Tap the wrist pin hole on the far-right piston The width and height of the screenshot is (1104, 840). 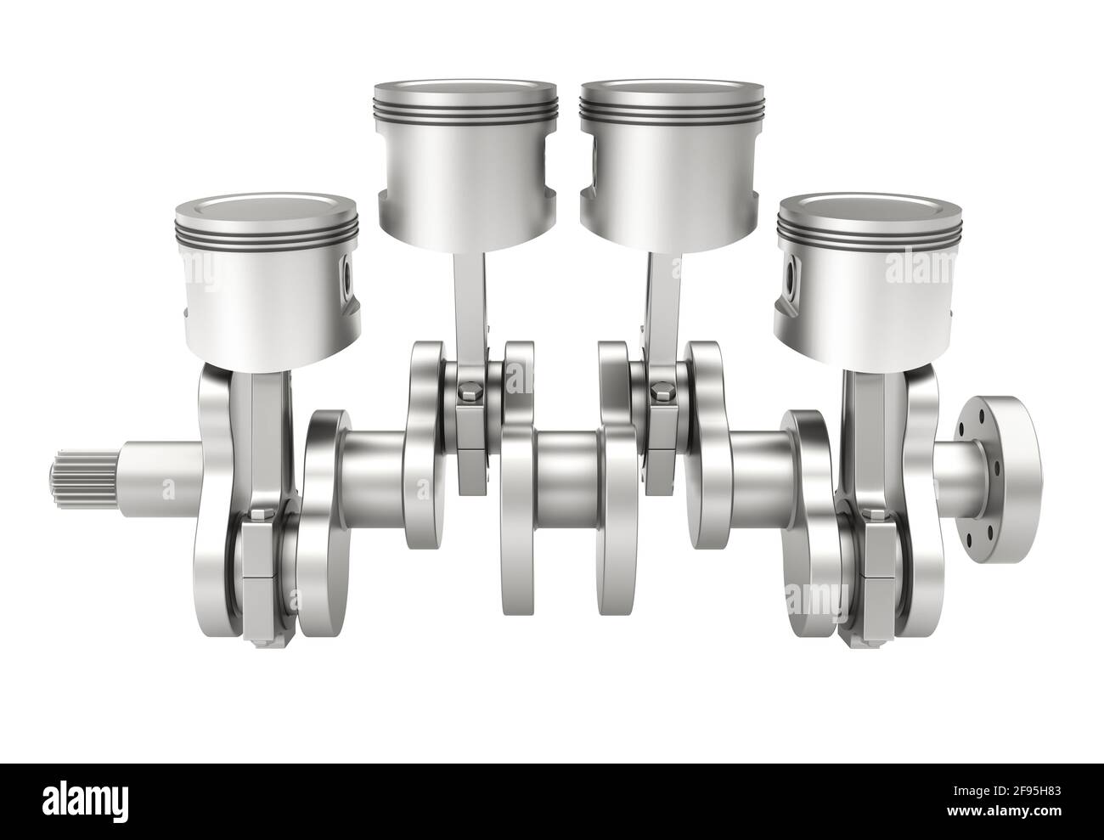(792, 274)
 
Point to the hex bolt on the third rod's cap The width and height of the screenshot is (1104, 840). (659, 393)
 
